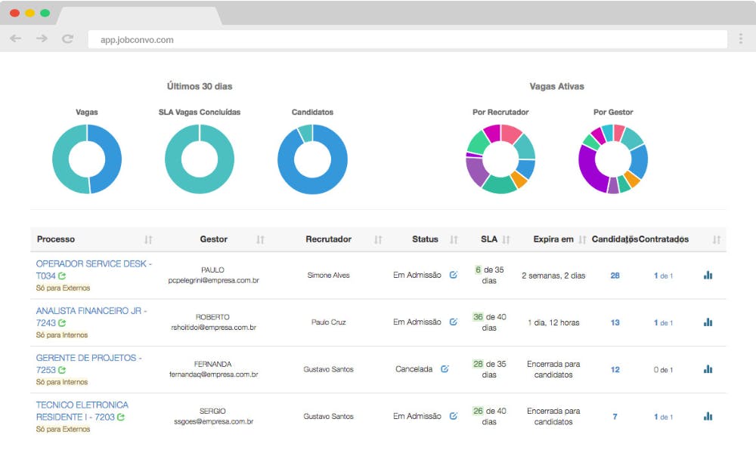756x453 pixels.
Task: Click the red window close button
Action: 14,13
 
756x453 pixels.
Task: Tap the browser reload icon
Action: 67,39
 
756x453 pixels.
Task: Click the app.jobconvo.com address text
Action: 137,40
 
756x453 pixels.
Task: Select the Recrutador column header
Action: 328,239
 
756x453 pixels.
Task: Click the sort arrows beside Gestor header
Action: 260,239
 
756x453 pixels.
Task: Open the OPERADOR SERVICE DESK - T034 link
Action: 94,270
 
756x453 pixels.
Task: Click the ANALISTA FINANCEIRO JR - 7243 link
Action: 91,317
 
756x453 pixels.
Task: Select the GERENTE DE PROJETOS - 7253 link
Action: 88,364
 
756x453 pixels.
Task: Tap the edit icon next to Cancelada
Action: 445,368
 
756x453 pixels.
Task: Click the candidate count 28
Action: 615,276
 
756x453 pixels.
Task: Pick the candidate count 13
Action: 615,322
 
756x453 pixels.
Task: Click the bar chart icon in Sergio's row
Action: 708,416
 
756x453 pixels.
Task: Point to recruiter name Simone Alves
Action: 328,275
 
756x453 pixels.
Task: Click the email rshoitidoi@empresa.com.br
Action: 213,328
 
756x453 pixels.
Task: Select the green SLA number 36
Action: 478,317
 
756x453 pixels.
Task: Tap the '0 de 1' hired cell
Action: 663,370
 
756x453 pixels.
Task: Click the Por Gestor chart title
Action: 613,112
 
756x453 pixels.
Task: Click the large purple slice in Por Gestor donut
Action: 589,168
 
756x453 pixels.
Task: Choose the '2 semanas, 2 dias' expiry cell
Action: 553,276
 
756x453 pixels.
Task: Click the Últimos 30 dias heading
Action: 200,86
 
